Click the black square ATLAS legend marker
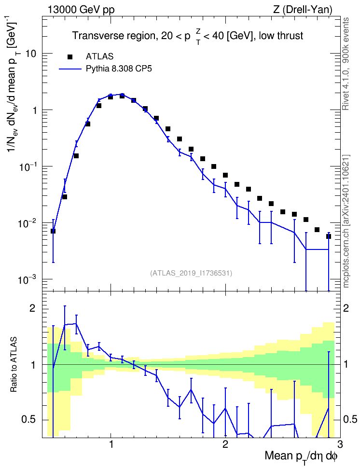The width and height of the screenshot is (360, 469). click(x=70, y=57)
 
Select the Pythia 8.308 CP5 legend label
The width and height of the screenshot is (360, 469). click(x=119, y=69)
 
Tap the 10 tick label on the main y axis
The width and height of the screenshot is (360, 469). click(x=30, y=54)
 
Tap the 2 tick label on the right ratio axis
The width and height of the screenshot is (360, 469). click(x=346, y=308)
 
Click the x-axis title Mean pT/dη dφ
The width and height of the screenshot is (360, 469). click(x=301, y=457)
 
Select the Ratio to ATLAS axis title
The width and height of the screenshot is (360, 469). click(x=14, y=364)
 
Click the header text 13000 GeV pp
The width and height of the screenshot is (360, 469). click(x=81, y=10)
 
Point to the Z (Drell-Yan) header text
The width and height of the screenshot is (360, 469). click(x=303, y=10)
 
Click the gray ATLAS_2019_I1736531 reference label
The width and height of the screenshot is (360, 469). click(x=191, y=273)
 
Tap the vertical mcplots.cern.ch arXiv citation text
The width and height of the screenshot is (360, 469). click(x=346, y=221)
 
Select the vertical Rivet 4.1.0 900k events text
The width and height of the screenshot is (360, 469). click(x=346, y=64)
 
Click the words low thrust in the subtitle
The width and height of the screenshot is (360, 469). click(x=281, y=36)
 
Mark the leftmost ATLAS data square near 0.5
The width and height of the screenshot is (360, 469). click(x=53, y=231)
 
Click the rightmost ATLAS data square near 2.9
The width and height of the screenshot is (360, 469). click(x=329, y=236)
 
